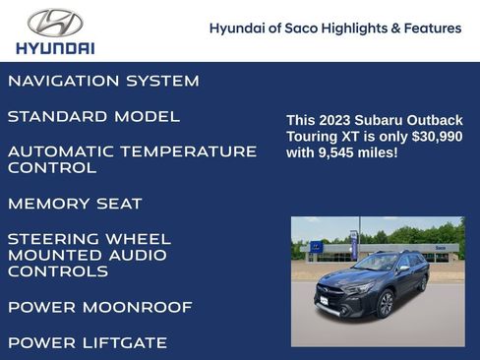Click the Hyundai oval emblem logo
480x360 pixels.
pyautogui.click(x=55, y=23)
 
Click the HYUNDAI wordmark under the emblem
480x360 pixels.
pyautogui.click(x=55, y=47)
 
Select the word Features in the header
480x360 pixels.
pyautogui.click(x=433, y=29)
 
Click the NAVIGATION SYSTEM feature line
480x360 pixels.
pyautogui.click(x=103, y=81)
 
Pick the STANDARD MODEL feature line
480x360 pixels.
pyautogui.click(x=93, y=116)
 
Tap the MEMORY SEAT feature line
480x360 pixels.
pyautogui.click(x=75, y=204)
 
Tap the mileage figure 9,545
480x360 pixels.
pyautogui.click(x=339, y=153)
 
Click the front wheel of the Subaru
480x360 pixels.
pyautogui.click(x=385, y=305)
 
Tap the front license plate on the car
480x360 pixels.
pyautogui.click(x=324, y=301)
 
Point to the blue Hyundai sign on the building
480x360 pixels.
pyautogui.click(x=316, y=247)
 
